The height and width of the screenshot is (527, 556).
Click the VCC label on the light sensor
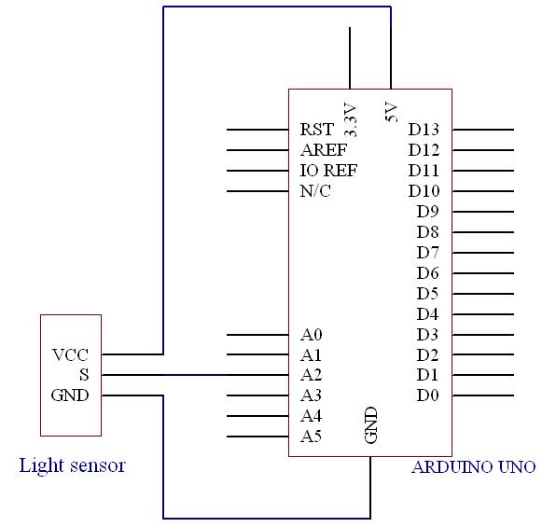coord(70,354)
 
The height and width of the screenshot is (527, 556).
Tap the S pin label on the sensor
coord(84,375)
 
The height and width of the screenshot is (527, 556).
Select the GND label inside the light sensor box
coord(70,395)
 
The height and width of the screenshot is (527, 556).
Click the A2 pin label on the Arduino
coord(311,375)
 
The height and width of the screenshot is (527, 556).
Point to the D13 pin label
coord(424,130)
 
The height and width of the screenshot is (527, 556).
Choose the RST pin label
coord(316,130)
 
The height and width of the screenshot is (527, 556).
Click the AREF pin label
coord(324,150)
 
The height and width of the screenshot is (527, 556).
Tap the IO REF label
coord(328,171)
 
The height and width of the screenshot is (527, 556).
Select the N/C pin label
coord(315,191)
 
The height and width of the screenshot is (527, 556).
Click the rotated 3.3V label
coord(351,120)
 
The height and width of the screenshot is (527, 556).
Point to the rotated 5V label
coord(391,112)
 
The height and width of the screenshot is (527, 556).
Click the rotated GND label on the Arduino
coord(371,424)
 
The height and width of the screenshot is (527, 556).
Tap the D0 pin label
coord(427,395)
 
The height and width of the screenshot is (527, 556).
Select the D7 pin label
coord(427,253)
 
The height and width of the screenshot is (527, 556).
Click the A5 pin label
coord(311,437)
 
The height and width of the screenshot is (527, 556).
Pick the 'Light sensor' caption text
coord(73,465)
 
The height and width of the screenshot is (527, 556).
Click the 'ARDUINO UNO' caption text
coord(474,467)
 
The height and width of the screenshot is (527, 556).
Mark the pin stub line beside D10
coord(483,191)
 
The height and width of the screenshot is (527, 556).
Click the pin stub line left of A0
coord(257,335)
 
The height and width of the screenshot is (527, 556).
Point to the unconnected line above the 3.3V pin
coord(350,58)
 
